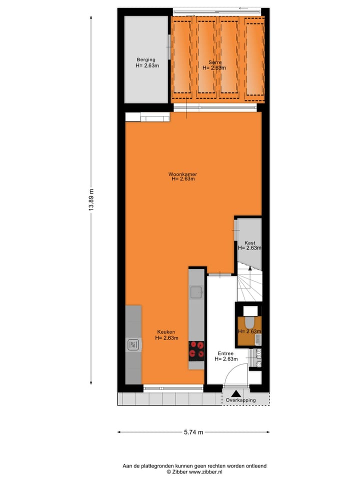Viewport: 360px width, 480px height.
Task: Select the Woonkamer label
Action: pyautogui.click(x=182, y=174)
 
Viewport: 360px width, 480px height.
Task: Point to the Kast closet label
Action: pyautogui.click(x=250, y=243)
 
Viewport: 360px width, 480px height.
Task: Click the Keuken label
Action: pyautogui.click(x=166, y=331)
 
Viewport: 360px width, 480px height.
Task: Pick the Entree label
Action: pyautogui.click(x=226, y=353)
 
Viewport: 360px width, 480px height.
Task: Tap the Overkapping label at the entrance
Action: pyautogui.click(x=240, y=400)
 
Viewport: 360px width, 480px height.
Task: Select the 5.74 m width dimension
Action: pyautogui.click(x=193, y=432)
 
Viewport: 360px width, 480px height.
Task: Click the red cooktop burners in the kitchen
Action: pyautogui.click(x=196, y=349)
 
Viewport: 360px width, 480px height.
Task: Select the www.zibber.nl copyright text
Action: pyautogui.click(x=194, y=471)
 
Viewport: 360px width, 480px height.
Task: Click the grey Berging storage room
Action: pyautogui.click(x=146, y=80)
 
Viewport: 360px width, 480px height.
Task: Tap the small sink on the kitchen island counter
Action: pyautogui.click(x=196, y=291)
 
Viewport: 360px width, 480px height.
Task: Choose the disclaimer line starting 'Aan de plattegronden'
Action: pyautogui.click(x=194, y=465)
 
